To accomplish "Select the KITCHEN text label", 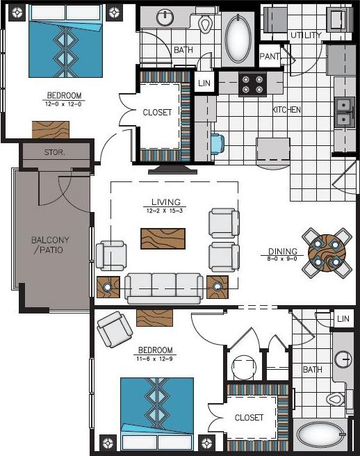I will click(286, 110).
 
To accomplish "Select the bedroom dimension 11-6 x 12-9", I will click(156, 359).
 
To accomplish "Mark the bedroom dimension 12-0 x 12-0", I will click(64, 103).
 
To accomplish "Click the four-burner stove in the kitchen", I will click(254, 84).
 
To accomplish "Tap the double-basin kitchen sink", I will click(343, 113).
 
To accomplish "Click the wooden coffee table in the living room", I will click(163, 238).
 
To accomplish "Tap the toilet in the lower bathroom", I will click(336, 400).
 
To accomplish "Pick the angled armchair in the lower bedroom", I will click(114, 329).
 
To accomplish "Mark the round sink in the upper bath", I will click(165, 17).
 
